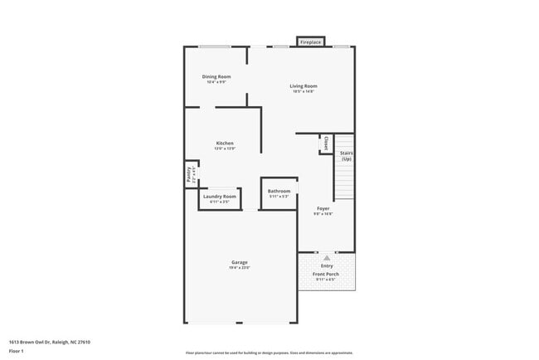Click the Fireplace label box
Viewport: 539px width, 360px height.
(x=310, y=41)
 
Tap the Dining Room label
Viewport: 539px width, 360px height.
(x=216, y=77)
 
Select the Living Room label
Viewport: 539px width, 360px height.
(x=303, y=86)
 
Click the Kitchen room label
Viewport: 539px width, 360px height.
(x=213, y=144)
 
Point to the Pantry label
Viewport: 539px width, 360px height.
(x=189, y=174)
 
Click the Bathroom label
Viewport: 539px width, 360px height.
(x=279, y=192)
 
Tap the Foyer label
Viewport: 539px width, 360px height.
(x=323, y=209)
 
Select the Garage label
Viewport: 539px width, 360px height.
(x=240, y=262)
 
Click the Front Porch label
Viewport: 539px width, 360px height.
(x=327, y=274)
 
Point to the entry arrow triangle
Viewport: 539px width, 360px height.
(x=327, y=258)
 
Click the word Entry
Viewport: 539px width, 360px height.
(x=327, y=266)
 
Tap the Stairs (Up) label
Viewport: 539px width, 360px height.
(x=347, y=156)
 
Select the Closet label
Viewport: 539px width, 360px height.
(x=326, y=143)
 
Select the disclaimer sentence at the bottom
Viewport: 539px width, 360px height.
(x=269, y=352)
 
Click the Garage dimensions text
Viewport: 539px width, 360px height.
(x=240, y=268)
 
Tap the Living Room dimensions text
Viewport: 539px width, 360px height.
(x=303, y=92)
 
